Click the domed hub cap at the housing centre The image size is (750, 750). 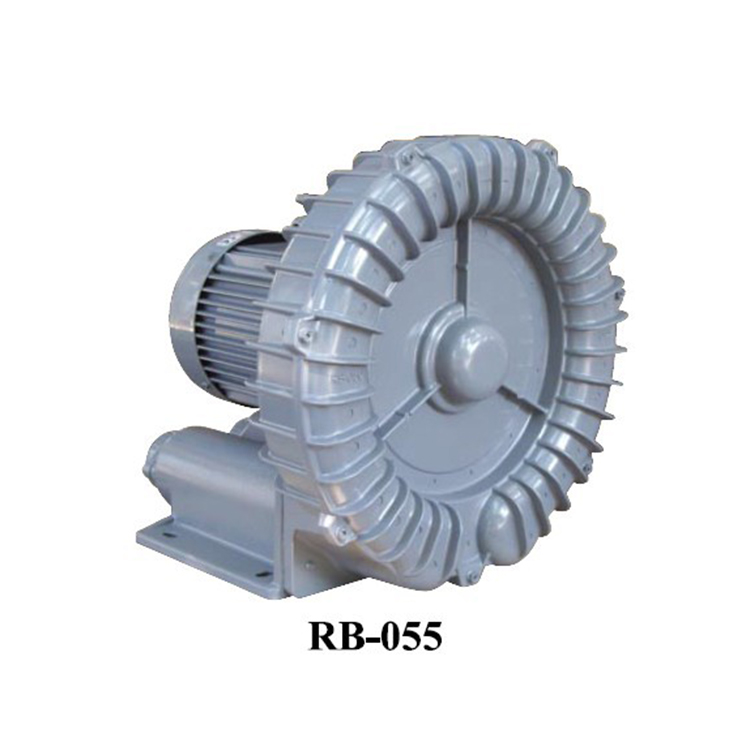pyautogui.click(x=470, y=354)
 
